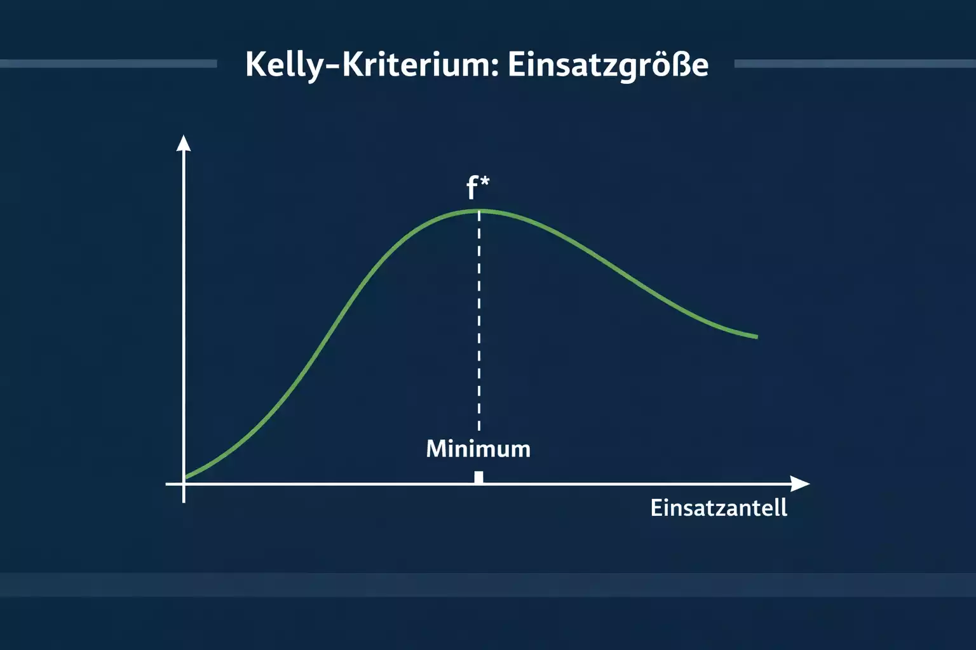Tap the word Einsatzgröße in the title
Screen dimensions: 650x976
click(607, 65)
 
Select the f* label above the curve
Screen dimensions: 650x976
click(477, 188)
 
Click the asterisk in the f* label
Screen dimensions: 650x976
click(485, 182)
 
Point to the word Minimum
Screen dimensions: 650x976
click(478, 449)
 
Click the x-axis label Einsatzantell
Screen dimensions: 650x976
click(719, 508)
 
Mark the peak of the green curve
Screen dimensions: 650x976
click(479, 210)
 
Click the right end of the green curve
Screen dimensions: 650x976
click(756, 336)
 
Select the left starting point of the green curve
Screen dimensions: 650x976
click(186, 477)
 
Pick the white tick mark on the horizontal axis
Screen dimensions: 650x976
click(478, 477)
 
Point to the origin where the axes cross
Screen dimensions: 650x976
click(184, 484)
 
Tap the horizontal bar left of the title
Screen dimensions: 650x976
click(108, 63)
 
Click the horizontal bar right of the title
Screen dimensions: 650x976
click(855, 63)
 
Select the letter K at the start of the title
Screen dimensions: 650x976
click(255, 64)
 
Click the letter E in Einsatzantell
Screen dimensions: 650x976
click(656, 508)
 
